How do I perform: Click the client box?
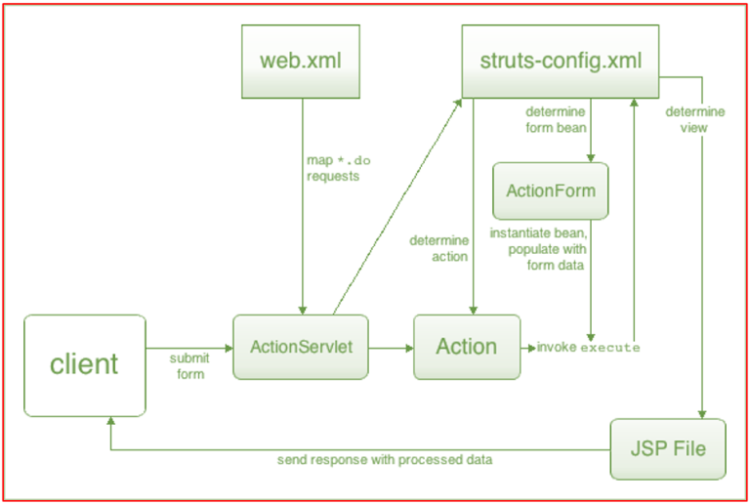click(84, 363)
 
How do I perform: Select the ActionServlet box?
click(300, 347)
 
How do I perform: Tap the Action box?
click(467, 347)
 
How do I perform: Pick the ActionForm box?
click(550, 190)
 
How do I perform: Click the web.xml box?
click(303, 60)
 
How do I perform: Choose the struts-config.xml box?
click(561, 60)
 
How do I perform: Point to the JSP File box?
click(668, 449)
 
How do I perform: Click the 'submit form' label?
click(188, 365)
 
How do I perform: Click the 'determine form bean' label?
click(556, 118)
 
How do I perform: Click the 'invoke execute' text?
click(588, 348)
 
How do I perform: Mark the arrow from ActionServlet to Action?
click(391, 347)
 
